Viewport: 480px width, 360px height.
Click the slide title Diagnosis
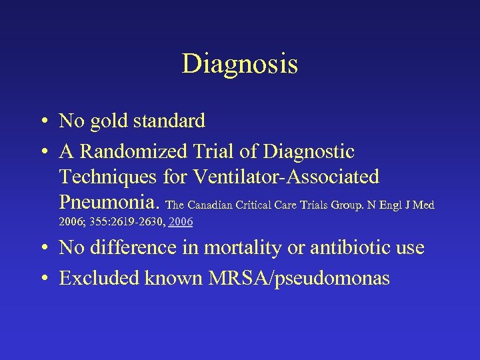point(239,65)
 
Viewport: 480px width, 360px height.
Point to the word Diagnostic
point(309,152)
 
